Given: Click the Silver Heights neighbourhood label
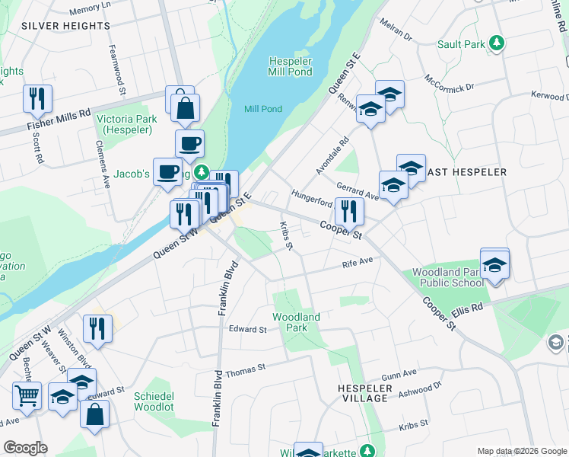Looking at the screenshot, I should click(x=66, y=26).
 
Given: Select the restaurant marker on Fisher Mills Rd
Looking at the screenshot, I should click(x=36, y=97).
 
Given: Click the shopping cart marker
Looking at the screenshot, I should click(x=27, y=396).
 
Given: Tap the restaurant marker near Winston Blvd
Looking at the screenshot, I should click(x=97, y=329).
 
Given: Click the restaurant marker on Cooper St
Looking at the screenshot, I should click(x=349, y=210).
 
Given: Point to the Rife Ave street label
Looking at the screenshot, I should click(x=358, y=263).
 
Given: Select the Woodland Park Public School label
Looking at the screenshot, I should click(x=447, y=277).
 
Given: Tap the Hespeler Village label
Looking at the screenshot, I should click(x=364, y=394).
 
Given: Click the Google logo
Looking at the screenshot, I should click(x=25, y=448).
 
